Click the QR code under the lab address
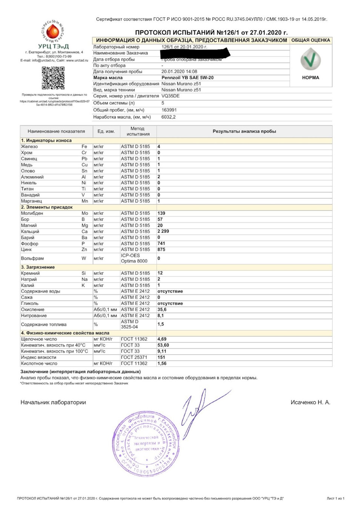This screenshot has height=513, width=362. (x=53, y=78)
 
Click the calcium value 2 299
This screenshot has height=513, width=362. (x=163, y=231)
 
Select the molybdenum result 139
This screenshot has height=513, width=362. (x=161, y=213)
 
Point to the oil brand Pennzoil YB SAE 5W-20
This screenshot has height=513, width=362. (x=187, y=78)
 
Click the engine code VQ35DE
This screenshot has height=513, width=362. (x=170, y=96)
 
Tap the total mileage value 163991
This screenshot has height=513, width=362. (x=169, y=110)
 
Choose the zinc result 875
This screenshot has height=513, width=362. (x=161, y=250)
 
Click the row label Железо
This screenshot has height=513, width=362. (x=29, y=146)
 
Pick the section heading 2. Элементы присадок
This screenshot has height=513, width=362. (x=47, y=207)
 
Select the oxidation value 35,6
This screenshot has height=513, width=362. (x=162, y=310)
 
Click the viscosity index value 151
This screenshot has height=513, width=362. (x=161, y=357)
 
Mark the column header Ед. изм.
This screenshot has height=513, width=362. (x=106, y=131)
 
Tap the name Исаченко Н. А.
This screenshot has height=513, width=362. (x=310, y=402)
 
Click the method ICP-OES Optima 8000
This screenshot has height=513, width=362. (x=134, y=258)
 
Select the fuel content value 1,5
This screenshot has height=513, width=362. (x=161, y=324)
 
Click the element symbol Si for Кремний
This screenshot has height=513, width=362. (x=84, y=273)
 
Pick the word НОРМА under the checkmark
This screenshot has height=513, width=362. (x=310, y=78)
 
